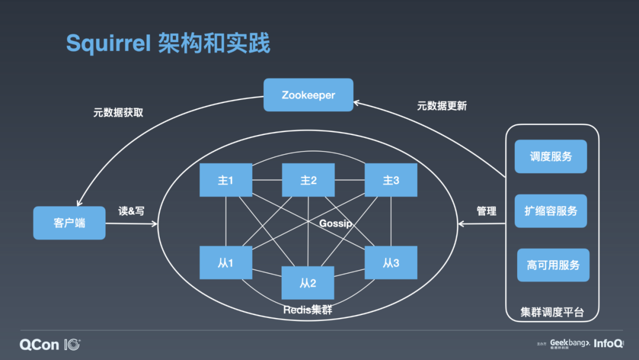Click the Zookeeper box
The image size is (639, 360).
[x=308, y=95]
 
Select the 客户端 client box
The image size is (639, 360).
[x=69, y=223]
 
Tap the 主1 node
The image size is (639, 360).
[x=225, y=180]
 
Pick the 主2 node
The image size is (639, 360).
[x=308, y=180]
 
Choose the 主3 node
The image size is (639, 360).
[x=390, y=180]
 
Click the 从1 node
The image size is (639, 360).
[x=225, y=263]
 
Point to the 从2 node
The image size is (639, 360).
[x=308, y=283]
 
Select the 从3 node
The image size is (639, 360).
[x=390, y=263]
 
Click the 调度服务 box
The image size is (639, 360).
[x=551, y=156]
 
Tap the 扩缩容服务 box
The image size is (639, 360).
[x=551, y=211]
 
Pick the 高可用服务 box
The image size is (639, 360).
[x=553, y=265]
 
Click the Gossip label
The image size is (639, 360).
[x=335, y=223]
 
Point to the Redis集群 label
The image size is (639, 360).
[x=308, y=310]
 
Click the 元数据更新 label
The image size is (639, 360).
[x=442, y=106]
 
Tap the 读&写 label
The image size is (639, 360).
[x=131, y=211]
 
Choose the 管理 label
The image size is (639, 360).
[x=486, y=211]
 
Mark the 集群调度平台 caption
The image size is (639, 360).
[x=552, y=312]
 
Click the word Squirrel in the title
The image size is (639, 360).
[x=108, y=43]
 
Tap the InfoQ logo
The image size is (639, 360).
[x=609, y=343]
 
